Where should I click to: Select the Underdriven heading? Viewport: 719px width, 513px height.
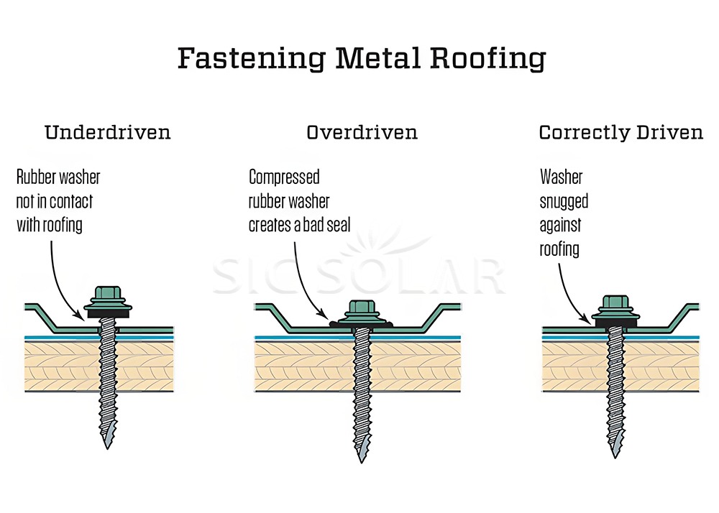tap(108, 133)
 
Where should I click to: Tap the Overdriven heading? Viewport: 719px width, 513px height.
tap(362, 133)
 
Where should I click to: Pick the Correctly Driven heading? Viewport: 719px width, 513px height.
tap(620, 133)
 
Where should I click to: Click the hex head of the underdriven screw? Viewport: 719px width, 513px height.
tap(109, 295)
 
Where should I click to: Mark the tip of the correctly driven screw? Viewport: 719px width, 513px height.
tap(615, 453)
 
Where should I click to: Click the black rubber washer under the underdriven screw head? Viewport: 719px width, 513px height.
tap(109, 313)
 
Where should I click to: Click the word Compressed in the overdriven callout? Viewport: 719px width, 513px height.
tap(284, 177)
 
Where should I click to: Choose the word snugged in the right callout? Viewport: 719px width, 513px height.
tap(564, 201)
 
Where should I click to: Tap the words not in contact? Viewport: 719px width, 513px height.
tap(55, 201)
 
